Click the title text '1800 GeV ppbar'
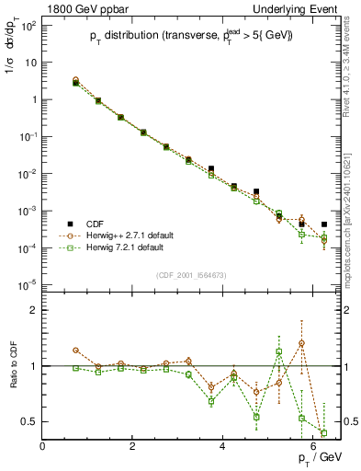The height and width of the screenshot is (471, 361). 81,8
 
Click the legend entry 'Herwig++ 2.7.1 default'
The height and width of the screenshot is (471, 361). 125,235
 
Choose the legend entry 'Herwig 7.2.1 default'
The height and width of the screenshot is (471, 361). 121,247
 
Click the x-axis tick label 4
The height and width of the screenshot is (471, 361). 223,446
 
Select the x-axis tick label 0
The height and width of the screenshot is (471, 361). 43,446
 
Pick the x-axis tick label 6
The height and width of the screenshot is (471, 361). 313,446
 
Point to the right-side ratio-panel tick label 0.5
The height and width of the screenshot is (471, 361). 348,421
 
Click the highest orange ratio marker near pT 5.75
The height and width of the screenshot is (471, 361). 301,343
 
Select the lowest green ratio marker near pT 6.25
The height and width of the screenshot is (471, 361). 323,432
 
